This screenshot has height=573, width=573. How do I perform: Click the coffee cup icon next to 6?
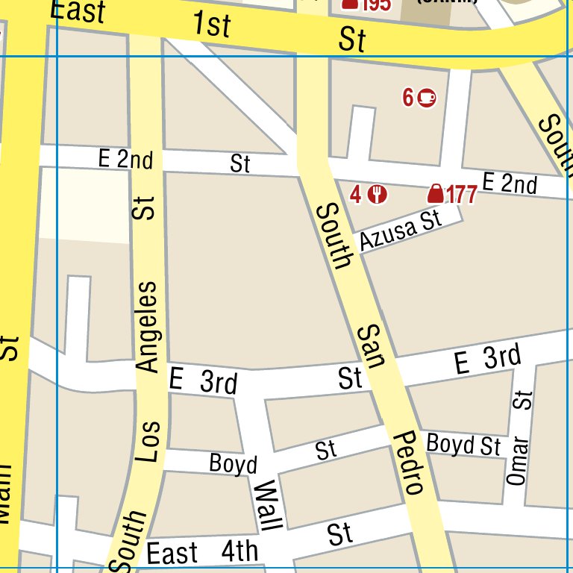[x=427, y=97]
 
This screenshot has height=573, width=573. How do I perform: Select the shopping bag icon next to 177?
[x=435, y=195]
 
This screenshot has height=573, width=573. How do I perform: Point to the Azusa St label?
[x=400, y=231]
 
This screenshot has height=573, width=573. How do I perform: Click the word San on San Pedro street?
[x=370, y=346]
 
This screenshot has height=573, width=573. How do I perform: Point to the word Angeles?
[x=148, y=326]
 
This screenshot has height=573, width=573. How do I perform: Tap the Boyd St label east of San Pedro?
[x=463, y=445]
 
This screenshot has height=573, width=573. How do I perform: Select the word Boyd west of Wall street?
[x=233, y=464]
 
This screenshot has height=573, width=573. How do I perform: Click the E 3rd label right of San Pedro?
[x=488, y=360]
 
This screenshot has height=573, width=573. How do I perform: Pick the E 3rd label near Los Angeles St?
[x=203, y=381]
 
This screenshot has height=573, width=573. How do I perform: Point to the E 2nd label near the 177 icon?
[x=510, y=182]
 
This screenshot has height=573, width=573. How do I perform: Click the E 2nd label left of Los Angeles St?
[x=125, y=159]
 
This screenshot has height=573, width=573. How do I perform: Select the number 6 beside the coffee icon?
[x=408, y=97]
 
